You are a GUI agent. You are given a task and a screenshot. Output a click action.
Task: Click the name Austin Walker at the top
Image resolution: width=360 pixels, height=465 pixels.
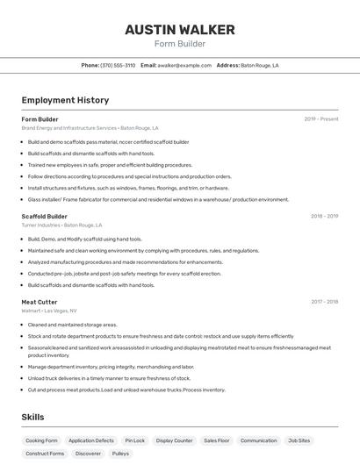point(179,29)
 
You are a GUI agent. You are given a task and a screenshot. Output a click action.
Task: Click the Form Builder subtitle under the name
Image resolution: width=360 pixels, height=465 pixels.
point(179,44)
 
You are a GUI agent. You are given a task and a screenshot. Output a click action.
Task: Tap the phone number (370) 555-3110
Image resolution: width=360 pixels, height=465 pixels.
point(118,65)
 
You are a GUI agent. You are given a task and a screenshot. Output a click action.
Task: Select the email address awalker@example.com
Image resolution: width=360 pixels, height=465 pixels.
point(184,65)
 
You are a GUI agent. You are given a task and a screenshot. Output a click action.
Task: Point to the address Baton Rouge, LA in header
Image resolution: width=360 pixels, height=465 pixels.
point(259,65)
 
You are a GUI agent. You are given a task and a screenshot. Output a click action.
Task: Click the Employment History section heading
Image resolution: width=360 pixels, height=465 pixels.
point(65,100)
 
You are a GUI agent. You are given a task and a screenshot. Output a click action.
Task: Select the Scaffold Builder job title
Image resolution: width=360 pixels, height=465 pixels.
point(44,216)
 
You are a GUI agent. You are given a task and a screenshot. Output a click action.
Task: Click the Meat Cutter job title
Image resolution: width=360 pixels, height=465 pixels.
point(40,302)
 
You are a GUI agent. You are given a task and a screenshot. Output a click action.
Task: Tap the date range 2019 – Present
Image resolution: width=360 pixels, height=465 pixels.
point(320,119)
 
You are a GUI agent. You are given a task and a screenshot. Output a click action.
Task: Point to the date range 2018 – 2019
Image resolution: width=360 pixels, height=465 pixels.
point(324,216)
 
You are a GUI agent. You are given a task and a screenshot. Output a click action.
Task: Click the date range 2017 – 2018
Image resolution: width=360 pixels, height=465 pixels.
point(324,302)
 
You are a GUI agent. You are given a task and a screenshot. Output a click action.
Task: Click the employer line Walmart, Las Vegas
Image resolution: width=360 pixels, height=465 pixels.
point(49,311)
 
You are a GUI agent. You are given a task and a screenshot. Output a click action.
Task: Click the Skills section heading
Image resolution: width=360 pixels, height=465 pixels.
point(32,417)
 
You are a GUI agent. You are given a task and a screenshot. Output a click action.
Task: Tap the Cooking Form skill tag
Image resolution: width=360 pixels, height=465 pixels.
point(41,440)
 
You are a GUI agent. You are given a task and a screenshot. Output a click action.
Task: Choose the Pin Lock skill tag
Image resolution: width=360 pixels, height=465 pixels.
point(135,440)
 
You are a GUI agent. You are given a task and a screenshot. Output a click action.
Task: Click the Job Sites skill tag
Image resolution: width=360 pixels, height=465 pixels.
point(299,440)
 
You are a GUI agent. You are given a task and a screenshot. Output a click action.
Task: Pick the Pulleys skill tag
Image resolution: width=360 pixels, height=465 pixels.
point(120,454)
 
